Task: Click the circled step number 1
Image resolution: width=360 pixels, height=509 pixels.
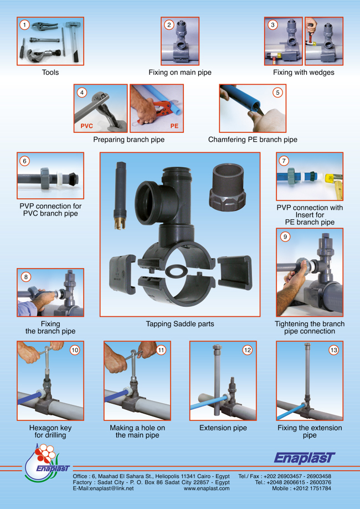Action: [25, 25]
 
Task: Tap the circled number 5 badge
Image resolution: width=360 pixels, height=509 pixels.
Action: [277, 92]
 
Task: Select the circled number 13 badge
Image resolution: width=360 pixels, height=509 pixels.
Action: [333, 349]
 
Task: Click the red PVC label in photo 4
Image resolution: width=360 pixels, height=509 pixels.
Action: [86, 126]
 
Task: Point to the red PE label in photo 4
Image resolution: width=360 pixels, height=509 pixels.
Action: [174, 126]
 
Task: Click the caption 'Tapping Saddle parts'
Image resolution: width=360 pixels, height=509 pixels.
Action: [180, 323]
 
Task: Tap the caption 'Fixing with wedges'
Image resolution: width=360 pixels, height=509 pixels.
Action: [304, 73]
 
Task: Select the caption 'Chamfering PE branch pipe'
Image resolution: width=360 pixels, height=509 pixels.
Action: [253, 140]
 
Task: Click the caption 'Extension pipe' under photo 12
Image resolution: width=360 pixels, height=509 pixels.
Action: [223, 428]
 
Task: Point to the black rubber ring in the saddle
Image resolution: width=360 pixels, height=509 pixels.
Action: [175, 271]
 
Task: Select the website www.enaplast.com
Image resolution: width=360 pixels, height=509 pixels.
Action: [207, 489]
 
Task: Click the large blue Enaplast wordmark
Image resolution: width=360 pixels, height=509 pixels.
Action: [305, 458]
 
